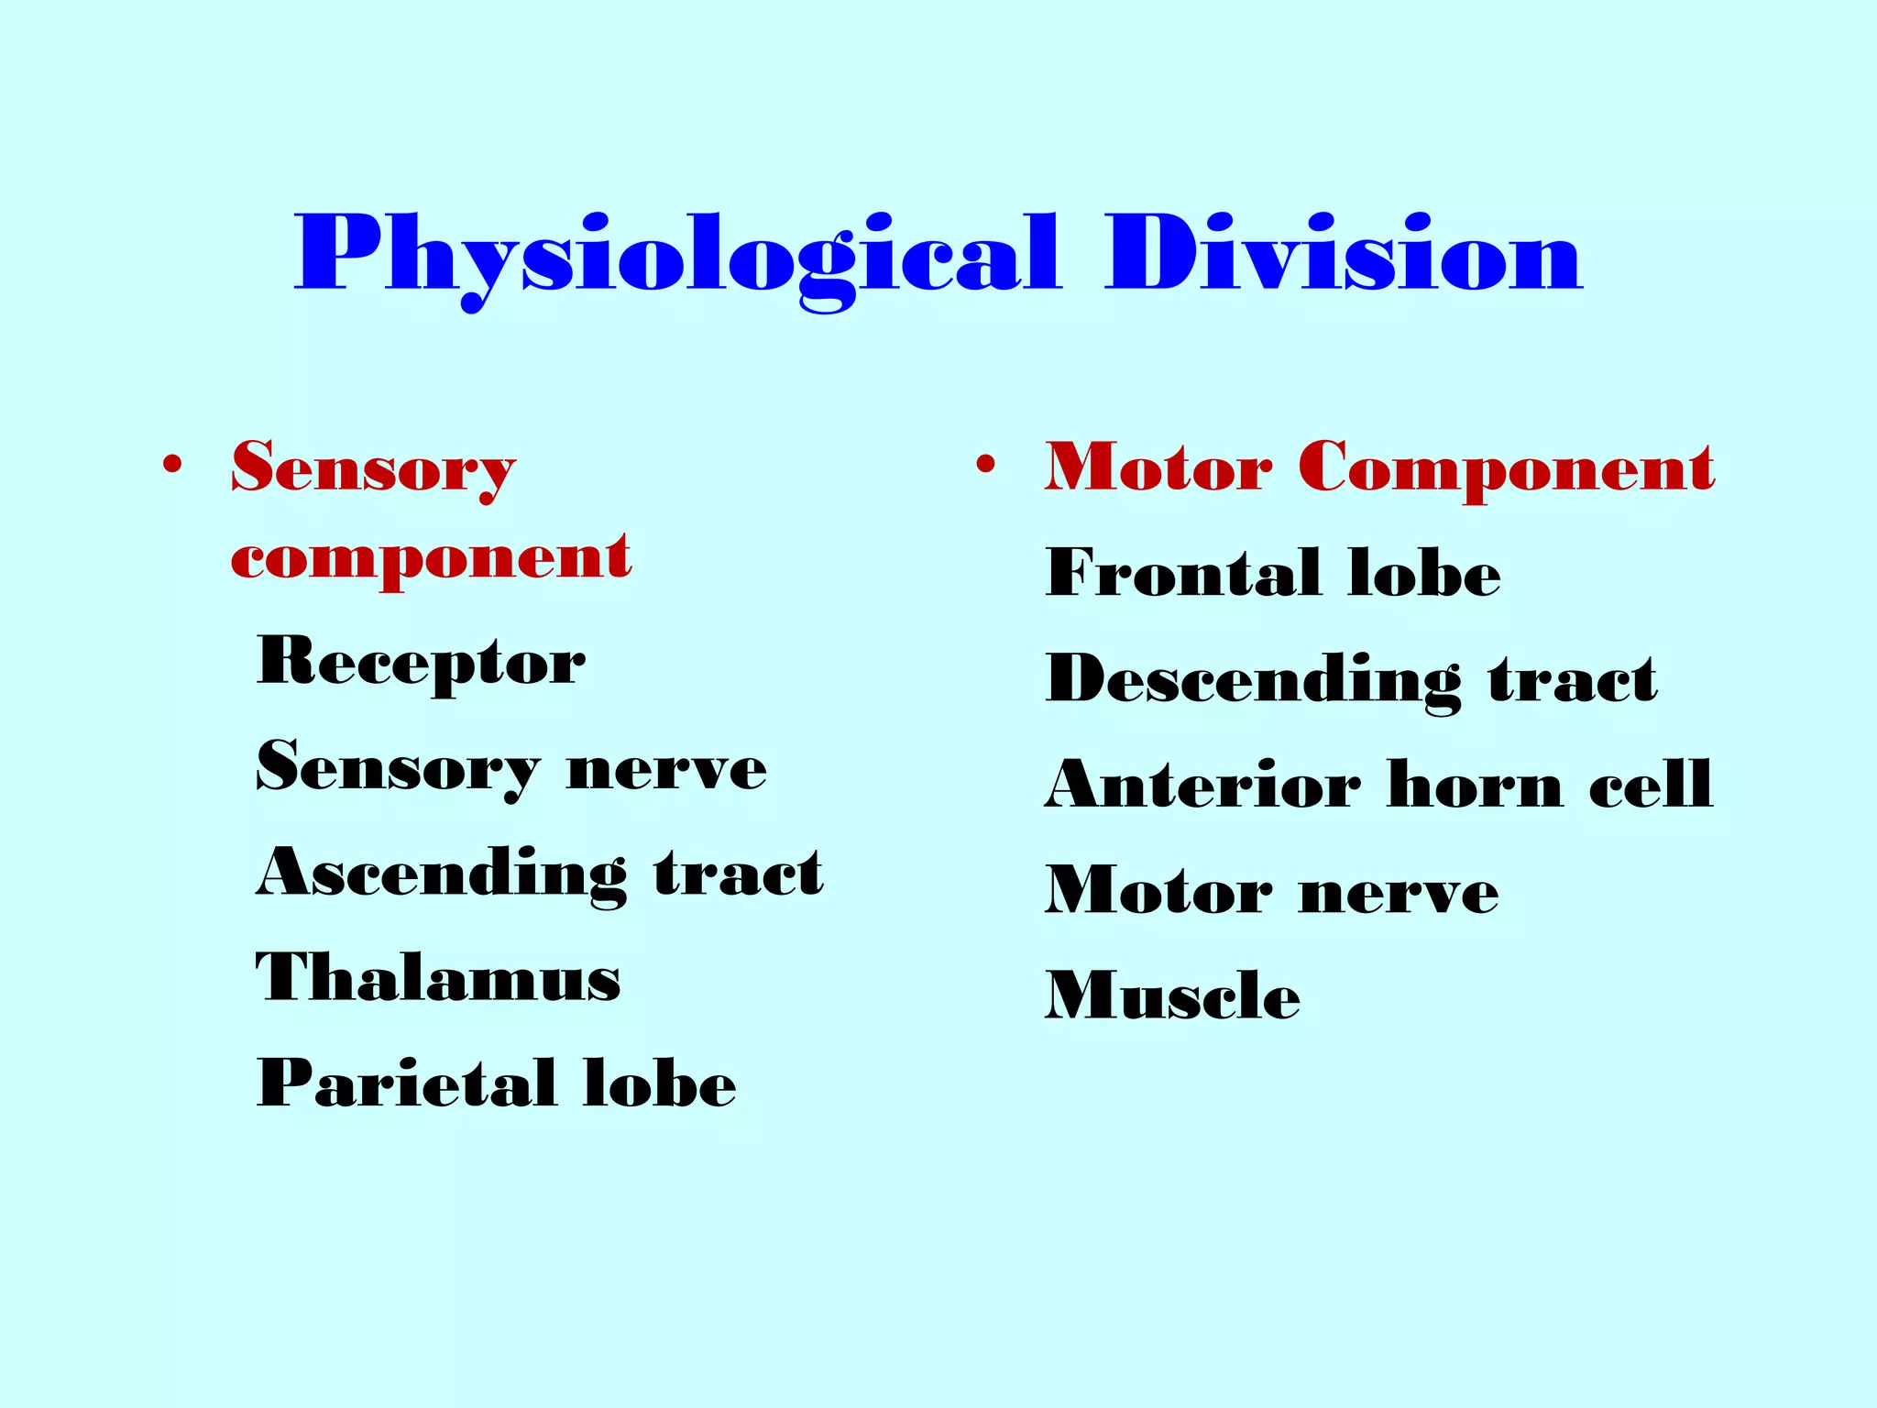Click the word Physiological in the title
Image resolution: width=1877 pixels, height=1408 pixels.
pyautogui.click(x=676, y=254)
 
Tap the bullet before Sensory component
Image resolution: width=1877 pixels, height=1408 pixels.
pyautogui.click(x=171, y=465)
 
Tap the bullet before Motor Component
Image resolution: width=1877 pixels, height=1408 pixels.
pyautogui.click(x=985, y=465)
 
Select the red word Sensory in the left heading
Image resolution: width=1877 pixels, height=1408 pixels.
pyautogui.click(x=373, y=467)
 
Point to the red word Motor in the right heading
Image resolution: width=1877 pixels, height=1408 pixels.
pyautogui.click(x=1158, y=467)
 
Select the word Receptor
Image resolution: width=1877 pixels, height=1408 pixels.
pyautogui.click(x=421, y=662)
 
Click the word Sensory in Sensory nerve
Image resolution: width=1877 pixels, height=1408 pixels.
pyautogui.click(x=398, y=768)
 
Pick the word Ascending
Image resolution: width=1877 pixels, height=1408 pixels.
pyautogui.click(x=442, y=874)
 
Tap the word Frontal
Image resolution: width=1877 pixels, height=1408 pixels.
pyautogui.click(x=1183, y=572)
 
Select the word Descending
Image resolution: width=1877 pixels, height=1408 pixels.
pyautogui.click(x=1254, y=680)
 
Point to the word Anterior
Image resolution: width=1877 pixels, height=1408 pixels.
pyautogui.click(x=1202, y=785)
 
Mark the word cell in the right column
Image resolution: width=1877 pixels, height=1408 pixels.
pyautogui.click(x=1650, y=785)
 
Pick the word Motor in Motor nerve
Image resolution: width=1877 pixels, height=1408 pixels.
pyautogui.click(x=1158, y=890)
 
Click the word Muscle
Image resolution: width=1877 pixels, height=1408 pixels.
pyautogui.click(x=1172, y=995)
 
